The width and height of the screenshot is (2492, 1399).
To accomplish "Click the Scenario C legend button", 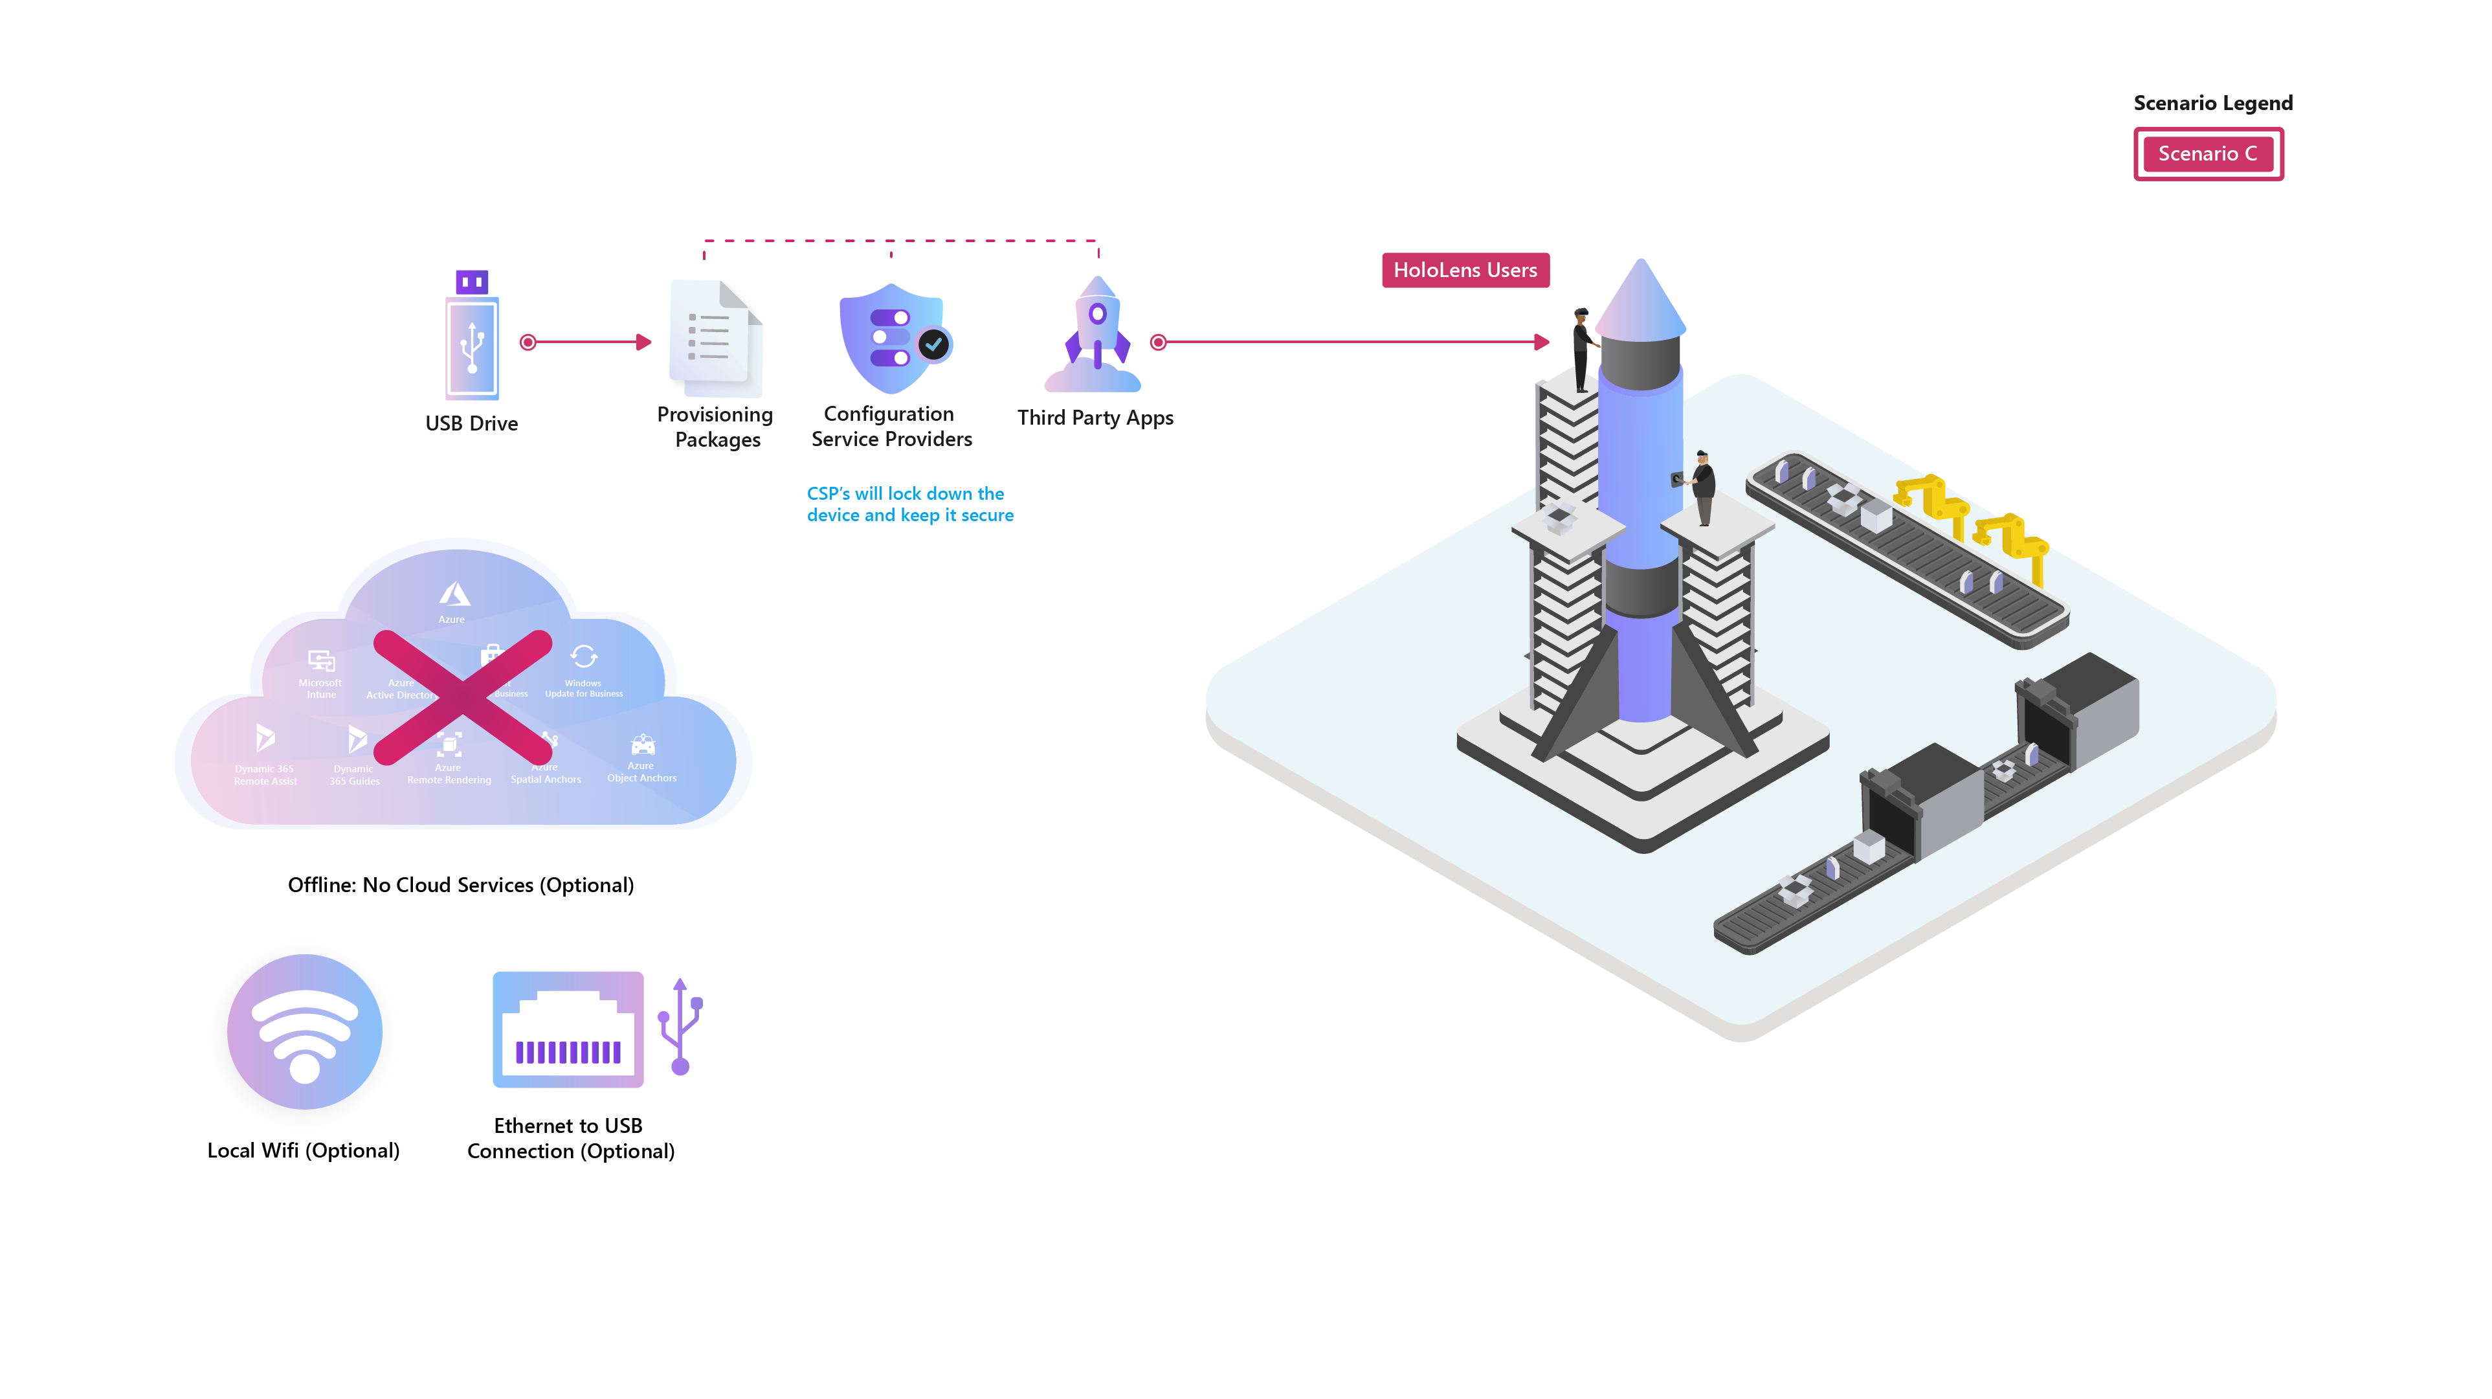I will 2208,154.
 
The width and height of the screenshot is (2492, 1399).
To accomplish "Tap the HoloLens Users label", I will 1465,271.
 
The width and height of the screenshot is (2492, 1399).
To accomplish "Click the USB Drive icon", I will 472,339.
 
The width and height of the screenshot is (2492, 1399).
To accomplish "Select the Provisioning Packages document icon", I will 716,339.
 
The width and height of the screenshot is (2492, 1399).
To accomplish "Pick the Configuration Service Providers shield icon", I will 893,339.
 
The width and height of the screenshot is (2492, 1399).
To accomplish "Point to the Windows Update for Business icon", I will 583,657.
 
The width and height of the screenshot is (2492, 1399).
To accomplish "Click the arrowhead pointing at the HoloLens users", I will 1542,342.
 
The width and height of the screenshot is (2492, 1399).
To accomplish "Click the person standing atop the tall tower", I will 1582,348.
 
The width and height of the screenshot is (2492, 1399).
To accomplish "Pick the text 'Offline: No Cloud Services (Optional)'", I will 460,885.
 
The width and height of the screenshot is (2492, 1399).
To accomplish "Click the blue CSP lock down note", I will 909,504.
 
